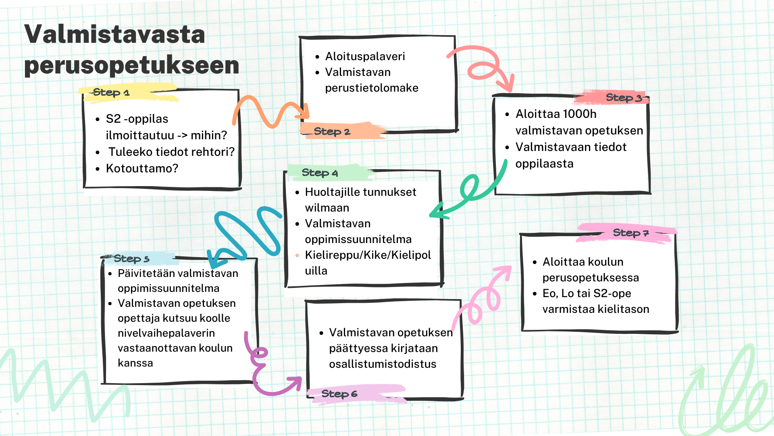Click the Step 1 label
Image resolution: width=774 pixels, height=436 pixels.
[x=111, y=92]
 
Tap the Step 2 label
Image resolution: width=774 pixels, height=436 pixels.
[x=332, y=131]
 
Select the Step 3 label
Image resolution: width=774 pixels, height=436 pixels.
[x=624, y=97]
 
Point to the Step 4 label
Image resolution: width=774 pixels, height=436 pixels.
[x=320, y=173]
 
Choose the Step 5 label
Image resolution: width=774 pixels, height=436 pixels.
[x=131, y=258]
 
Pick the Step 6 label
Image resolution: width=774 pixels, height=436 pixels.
[x=339, y=394]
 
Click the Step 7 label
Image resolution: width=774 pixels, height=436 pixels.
[x=630, y=233]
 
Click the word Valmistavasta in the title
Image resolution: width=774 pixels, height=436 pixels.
[x=115, y=34]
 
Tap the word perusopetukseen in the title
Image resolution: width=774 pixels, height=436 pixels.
[x=132, y=65]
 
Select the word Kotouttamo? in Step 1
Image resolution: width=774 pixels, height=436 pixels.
[x=142, y=168]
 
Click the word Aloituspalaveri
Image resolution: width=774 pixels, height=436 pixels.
[x=365, y=56]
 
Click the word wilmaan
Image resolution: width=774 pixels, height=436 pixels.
[x=327, y=208]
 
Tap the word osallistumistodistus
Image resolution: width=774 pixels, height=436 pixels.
[x=383, y=364]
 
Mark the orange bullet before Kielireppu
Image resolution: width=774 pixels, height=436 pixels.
[x=297, y=255]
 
